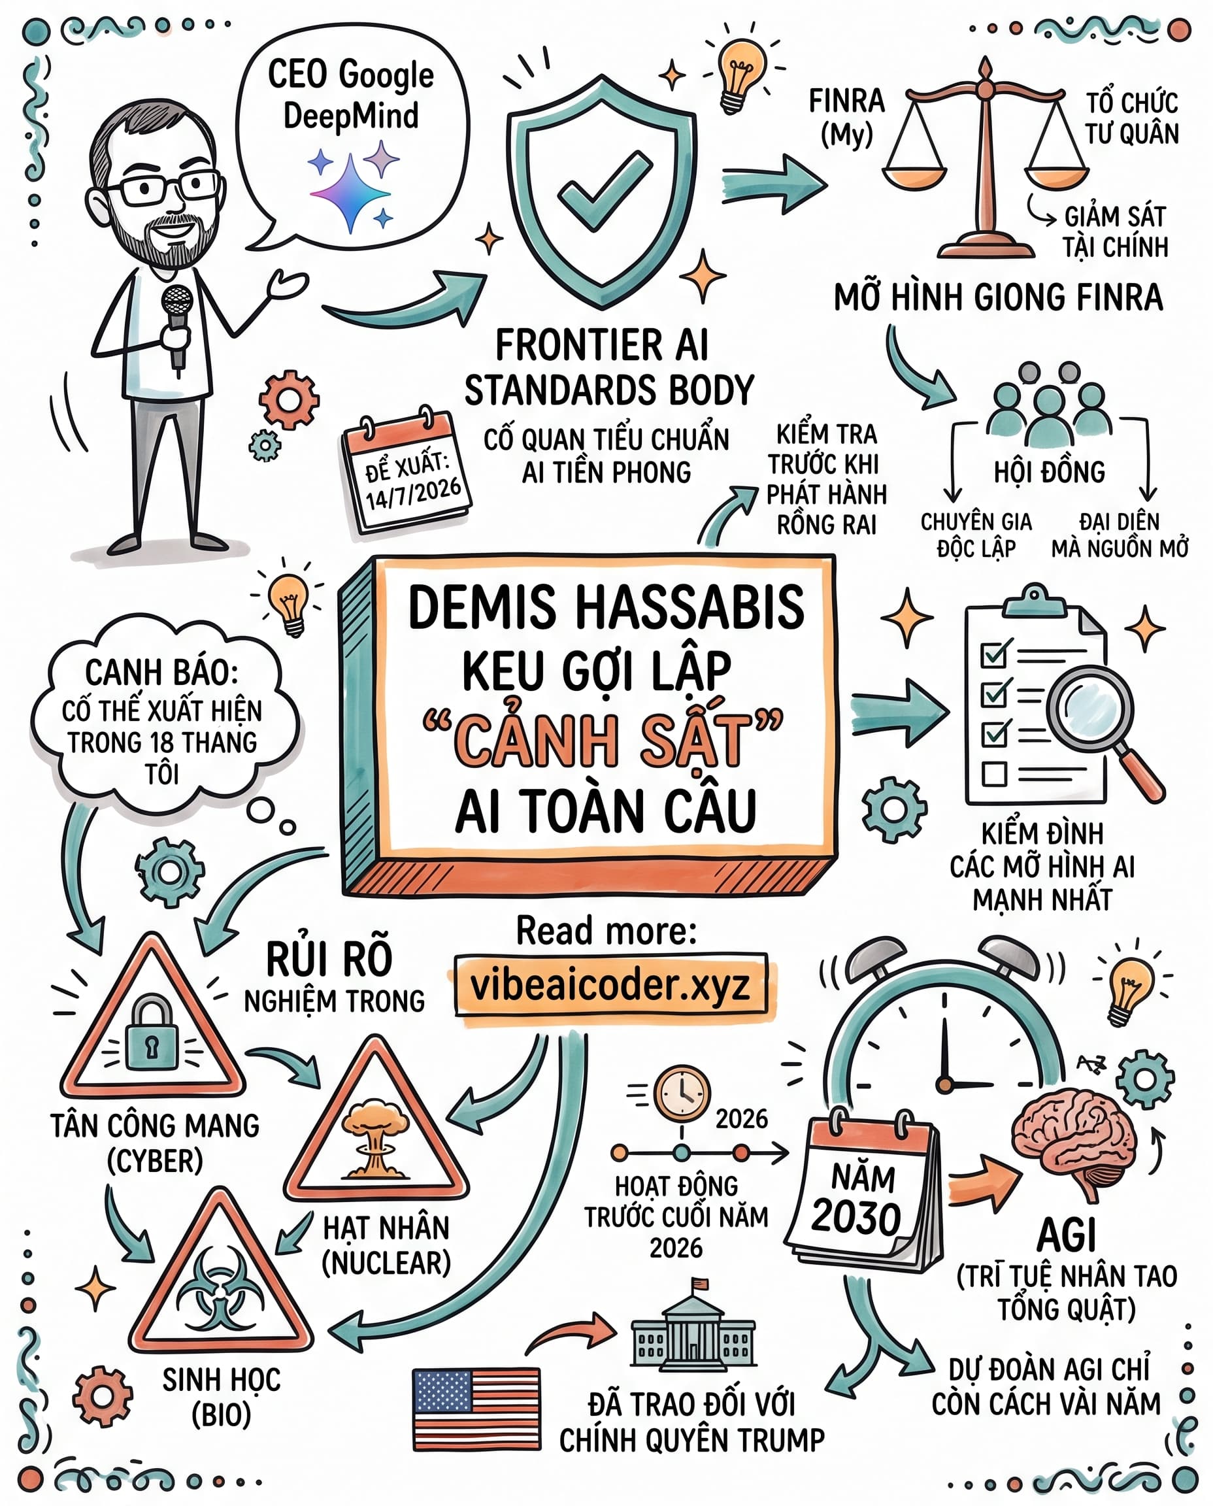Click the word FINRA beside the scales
pyautogui.click(x=846, y=101)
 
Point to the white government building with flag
pyautogui.click(x=693, y=1326)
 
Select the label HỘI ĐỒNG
pyautogui.click(x=1049, y=473)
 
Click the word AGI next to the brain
pyautogui.click(x=1067, y=1235)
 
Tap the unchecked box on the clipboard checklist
pyautogui.click(x=993, y=774)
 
